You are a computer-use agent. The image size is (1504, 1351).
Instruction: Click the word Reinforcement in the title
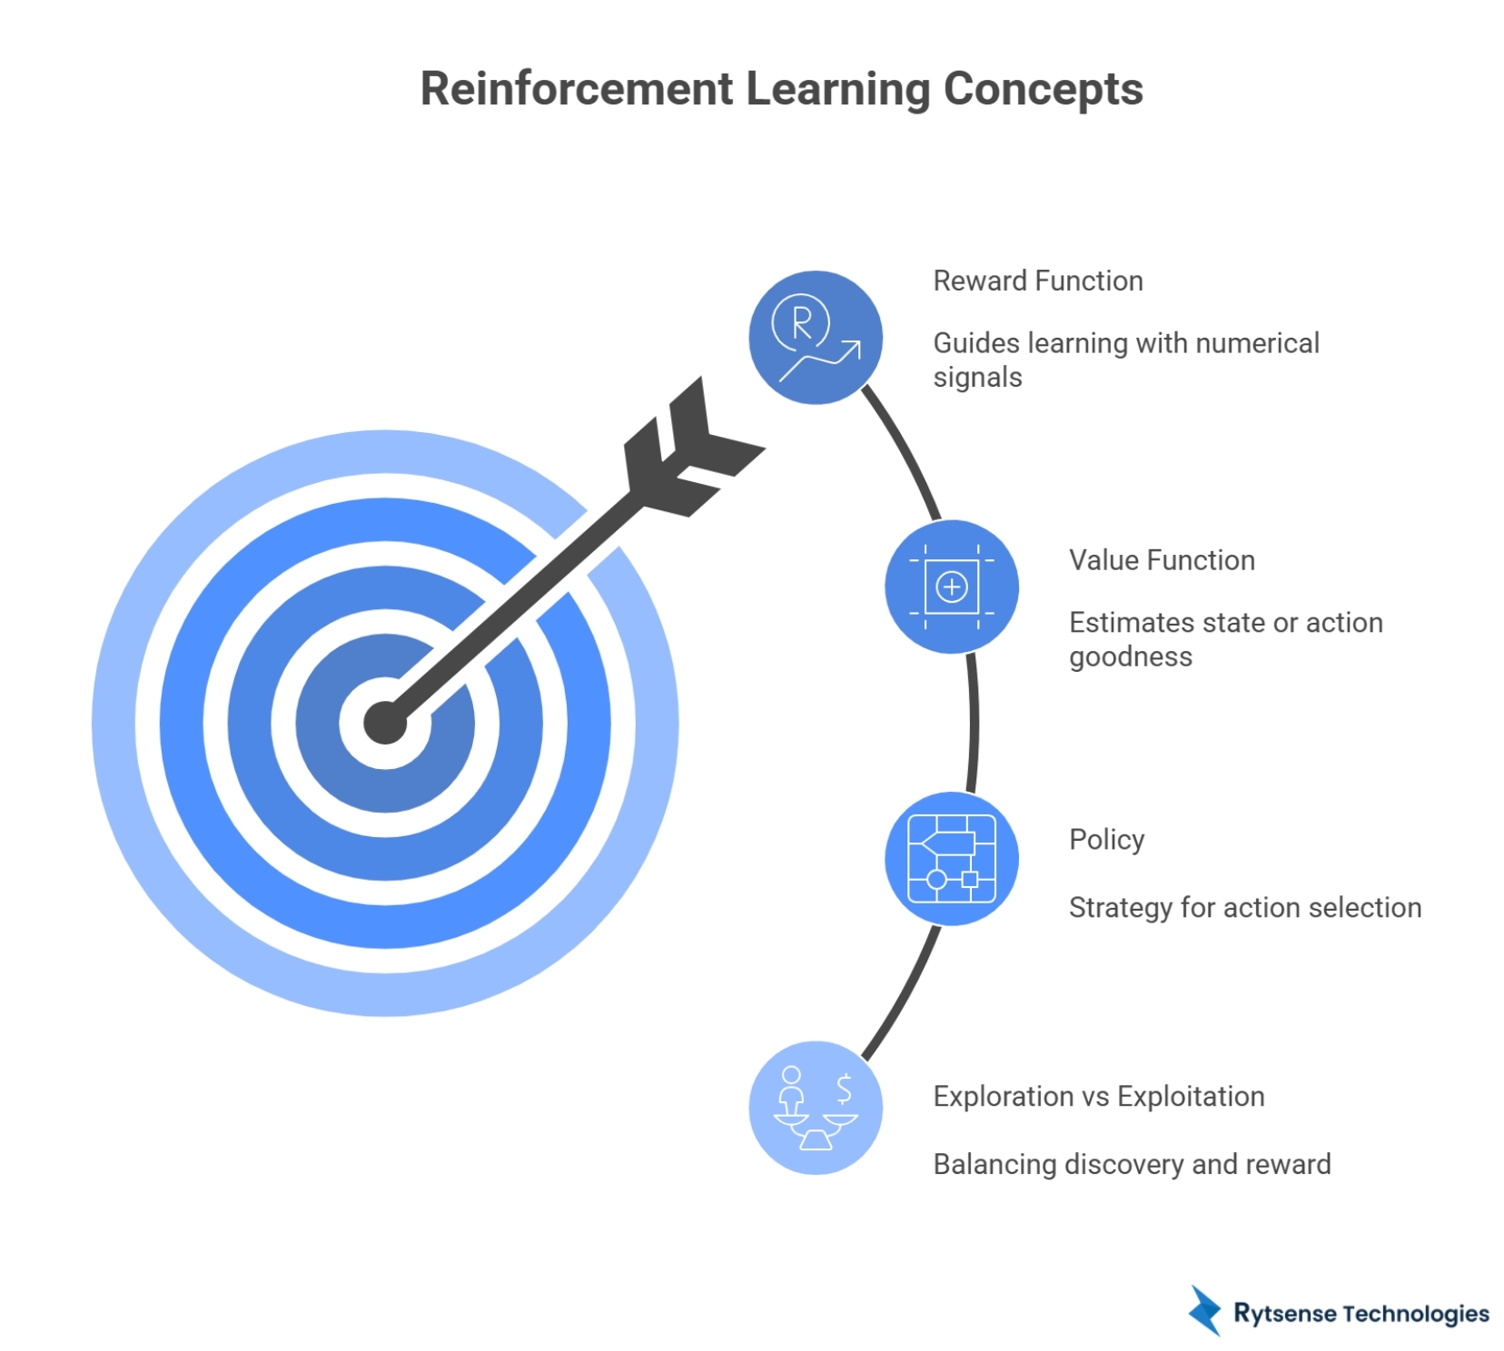(x=576, y=89)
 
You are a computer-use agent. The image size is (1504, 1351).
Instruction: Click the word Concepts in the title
(x=1043, y=89)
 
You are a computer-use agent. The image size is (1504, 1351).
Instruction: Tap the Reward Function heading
(x=1037, y=281)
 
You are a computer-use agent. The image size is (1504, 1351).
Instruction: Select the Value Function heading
(x=1162, y=560)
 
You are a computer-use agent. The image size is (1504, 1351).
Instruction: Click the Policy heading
(x=1106, y=840)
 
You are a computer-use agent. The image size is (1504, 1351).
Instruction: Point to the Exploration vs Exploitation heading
(x=1098, y=1097)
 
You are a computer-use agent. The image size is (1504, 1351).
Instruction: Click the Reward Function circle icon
(x=815, y=338)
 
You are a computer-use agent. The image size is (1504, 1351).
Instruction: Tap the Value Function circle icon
(x=951, y=587)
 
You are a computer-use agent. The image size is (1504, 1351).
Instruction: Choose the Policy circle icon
(x=951, y=859)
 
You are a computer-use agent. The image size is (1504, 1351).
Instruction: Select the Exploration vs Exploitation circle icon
(x=815, y=1108)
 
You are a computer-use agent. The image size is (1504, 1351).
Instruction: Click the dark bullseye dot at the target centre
(x=384, y=724)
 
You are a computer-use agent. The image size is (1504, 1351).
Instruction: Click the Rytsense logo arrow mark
(x=1205, y=1311)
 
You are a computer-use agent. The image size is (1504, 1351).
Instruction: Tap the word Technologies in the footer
(x=1415, y=1314)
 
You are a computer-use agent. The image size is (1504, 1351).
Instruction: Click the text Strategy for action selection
(x=1244, y=908)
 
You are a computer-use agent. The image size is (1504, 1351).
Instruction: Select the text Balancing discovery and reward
(x=1132, y=1165)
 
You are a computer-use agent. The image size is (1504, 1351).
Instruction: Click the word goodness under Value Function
(x=1130, y=656)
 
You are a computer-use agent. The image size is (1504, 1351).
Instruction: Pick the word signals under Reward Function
(x=977, y=377)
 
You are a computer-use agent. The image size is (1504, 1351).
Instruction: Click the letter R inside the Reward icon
(x=801, y=323)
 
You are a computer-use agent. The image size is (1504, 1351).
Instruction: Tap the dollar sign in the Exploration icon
(x=844, y=1088)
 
